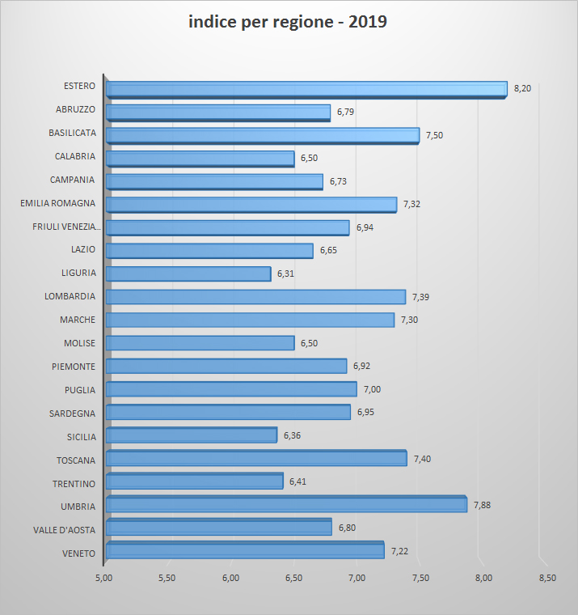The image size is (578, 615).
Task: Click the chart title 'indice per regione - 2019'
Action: [288, 23]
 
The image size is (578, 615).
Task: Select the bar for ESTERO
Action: [306, 89]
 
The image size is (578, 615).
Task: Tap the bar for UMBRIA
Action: [286, 505]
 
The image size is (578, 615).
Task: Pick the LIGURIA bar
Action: [188, 274]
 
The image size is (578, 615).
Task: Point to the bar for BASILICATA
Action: [263, 135]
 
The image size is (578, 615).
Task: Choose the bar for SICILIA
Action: [192, 435]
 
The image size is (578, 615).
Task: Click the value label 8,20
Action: [522, 88]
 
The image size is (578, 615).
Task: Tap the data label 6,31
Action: [286, 274]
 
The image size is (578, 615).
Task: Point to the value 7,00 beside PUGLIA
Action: [372, 390]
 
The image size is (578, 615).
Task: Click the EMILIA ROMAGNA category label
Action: [57, 203]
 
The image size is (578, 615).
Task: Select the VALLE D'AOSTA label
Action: [64, 530]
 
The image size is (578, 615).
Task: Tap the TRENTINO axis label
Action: [74, 484]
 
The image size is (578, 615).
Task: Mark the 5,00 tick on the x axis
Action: [103, 578]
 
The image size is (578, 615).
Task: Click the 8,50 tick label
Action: [546, 578]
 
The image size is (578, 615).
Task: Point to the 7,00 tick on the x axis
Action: [357, 578]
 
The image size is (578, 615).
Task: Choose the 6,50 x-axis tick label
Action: [293, 578]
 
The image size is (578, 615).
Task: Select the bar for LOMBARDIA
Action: [255, 297]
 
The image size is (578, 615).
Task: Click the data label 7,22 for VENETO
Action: [399, 551]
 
